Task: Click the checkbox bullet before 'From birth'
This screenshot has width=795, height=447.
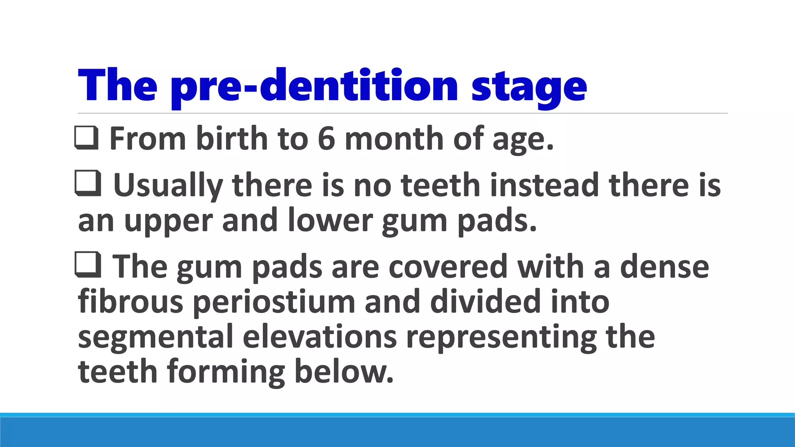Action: point(86,138)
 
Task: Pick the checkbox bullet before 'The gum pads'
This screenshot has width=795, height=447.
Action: point(88,265)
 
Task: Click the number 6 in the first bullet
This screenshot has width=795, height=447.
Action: point(326,139)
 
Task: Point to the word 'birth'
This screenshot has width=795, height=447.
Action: point(232,139)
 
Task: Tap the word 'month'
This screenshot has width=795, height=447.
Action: point(394,139)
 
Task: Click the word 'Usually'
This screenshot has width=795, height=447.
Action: point(168,185)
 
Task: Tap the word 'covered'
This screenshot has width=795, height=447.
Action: point(448,267)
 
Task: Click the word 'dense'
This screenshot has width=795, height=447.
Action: point(664,267)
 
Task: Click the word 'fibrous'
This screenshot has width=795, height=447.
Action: point(130,301)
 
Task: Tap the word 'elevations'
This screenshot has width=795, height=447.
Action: point(320,336)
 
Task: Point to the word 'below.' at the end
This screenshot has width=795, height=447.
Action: point(344,371)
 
